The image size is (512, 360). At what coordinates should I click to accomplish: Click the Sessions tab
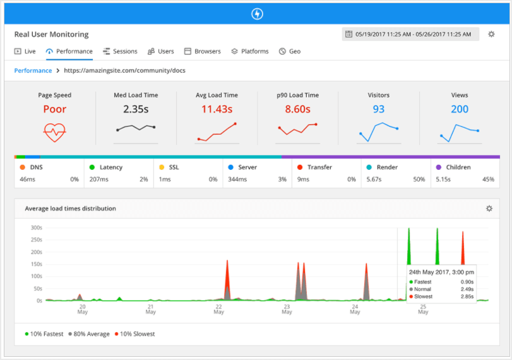tap(120, 51)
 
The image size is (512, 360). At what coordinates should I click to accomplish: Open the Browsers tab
tap(203, 51)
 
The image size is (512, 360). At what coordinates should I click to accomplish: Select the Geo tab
tap(290, 51)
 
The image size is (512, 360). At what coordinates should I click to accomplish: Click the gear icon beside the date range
tap(492, 34)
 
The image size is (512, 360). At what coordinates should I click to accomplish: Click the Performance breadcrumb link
tap(33, 71)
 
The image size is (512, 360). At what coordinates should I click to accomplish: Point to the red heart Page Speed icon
tap(55, 131)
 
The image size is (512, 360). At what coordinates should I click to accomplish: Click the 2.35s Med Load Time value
tap(136, 109)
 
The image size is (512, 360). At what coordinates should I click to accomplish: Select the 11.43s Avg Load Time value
tap(217, 109)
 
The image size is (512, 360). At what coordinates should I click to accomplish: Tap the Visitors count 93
tap(378, 109)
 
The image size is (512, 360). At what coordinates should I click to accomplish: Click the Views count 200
tap(460, 109)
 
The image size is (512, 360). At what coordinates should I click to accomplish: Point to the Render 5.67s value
tap(375, 180)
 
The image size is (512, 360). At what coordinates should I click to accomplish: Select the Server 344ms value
tap(238, 180)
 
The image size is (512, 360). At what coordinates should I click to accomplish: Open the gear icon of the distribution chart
tap(489, 208)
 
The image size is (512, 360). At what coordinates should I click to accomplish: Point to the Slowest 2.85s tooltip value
tap(467, 296)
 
